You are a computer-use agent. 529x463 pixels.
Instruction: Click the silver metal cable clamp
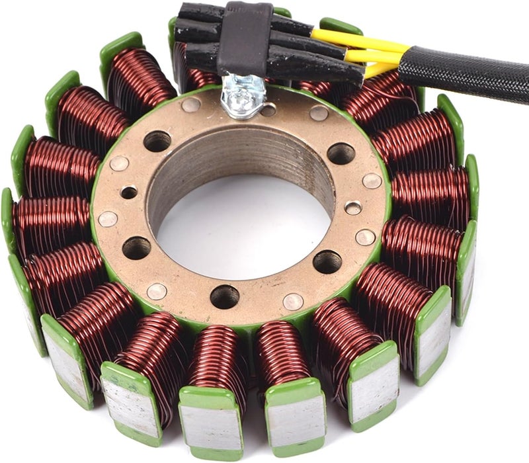click(x=243, y=93)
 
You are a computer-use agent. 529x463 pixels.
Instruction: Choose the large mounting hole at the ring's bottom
click(x=225, y=296)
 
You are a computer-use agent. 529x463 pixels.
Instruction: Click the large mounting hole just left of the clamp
click(x=157, y=140)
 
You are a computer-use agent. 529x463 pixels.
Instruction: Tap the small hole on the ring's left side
click(x=128, y=192)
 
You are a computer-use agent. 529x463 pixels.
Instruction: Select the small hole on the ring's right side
click(x=354, y=208)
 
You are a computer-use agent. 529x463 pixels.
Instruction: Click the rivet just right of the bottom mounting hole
click(x=293, y=302)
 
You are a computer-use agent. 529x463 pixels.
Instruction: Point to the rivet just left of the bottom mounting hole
click(x=157, y=291)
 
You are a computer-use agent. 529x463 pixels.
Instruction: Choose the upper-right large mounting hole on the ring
click(x=341, y=153)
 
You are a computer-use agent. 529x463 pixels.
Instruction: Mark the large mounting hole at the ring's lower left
click(x=136, y=247)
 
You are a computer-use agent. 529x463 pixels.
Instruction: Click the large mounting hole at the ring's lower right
click(x=327, y=262)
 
